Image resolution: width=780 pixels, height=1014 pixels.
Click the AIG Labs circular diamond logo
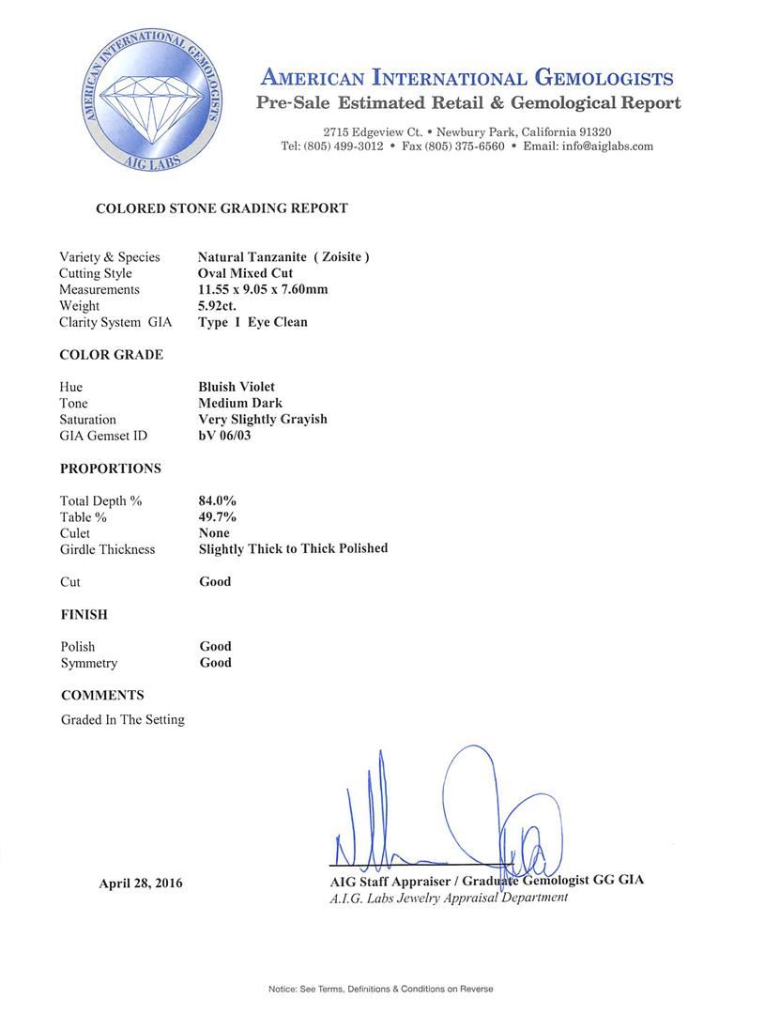pos(153,100)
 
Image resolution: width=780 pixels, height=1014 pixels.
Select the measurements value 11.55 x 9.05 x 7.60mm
pos(263,289)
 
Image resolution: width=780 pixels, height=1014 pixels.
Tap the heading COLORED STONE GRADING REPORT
pos(222,208)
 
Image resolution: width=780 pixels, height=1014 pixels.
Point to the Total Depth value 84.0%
pos(217,501)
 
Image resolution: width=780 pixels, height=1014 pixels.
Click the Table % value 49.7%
pos(217,517)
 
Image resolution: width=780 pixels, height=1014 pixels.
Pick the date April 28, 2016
pos(141,883)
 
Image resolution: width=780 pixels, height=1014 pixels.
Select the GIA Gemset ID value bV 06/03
pos(224,436)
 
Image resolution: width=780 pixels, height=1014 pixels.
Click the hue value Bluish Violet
pos(237,387)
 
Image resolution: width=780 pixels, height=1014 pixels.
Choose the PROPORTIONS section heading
pos(110,469)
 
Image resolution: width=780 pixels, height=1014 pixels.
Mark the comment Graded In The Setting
pos(123,720)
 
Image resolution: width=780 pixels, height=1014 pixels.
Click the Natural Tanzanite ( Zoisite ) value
pos(283,257)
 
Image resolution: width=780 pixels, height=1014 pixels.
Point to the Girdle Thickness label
pos(107,549)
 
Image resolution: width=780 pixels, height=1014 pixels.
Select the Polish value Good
pos(215,647)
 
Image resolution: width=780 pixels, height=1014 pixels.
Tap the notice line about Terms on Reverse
pos(380,989)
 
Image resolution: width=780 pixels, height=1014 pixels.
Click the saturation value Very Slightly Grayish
pos(263,420)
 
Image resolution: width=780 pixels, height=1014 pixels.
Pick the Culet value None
pos(214,533)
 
